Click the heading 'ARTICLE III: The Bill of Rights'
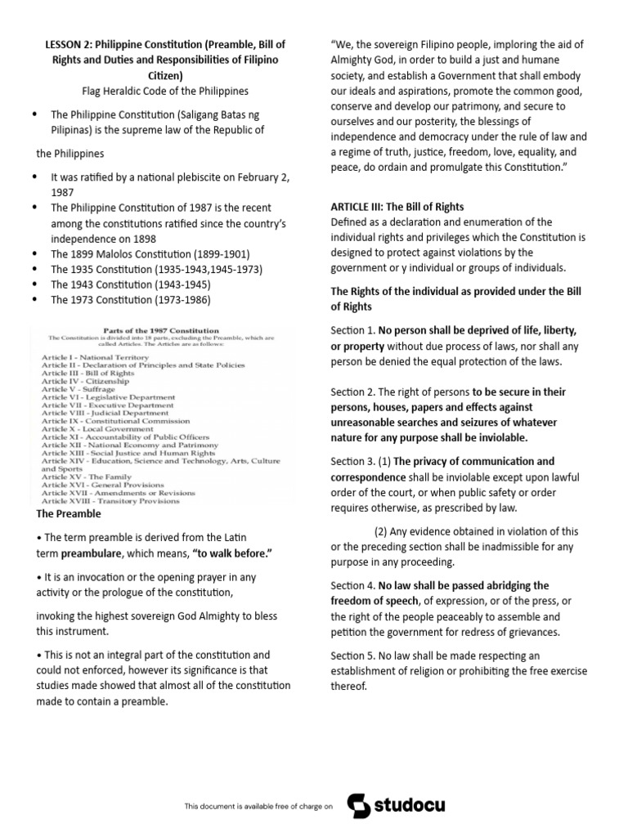point(397,207)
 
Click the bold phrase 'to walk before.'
point(232,553)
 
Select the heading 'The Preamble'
point(69,514)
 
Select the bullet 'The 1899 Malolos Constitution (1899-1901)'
point(150,254)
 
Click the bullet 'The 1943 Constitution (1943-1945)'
point(131,284)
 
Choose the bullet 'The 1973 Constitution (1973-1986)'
point(131,300)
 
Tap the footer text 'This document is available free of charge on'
point(258,806)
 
